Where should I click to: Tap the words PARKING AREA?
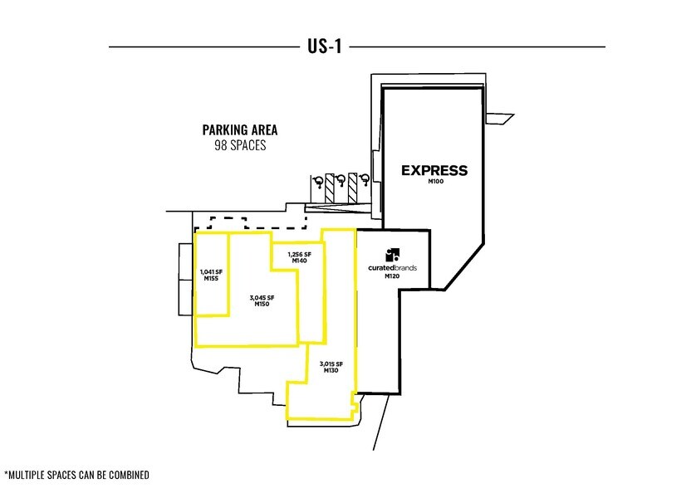(x=240, y=130)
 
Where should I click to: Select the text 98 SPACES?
(x=240, y=145)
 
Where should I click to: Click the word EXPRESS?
(x=434, y=171)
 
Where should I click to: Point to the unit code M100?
(x=434, y=182)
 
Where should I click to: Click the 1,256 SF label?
(x=299, y=254)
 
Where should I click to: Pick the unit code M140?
(x=299, y=261)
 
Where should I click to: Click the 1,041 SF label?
(x=211, y=271)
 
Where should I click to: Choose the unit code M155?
(x=211, y=279)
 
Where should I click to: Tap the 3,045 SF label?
(x=262, y=297)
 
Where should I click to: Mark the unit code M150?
(x=262, y=305)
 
